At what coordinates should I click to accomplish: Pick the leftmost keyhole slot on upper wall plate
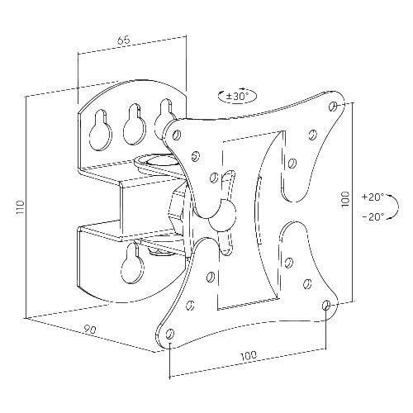tap(102, 126)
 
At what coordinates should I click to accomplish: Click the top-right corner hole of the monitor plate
tap(333, 107)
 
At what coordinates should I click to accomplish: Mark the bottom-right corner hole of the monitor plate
tap(327, 305)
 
